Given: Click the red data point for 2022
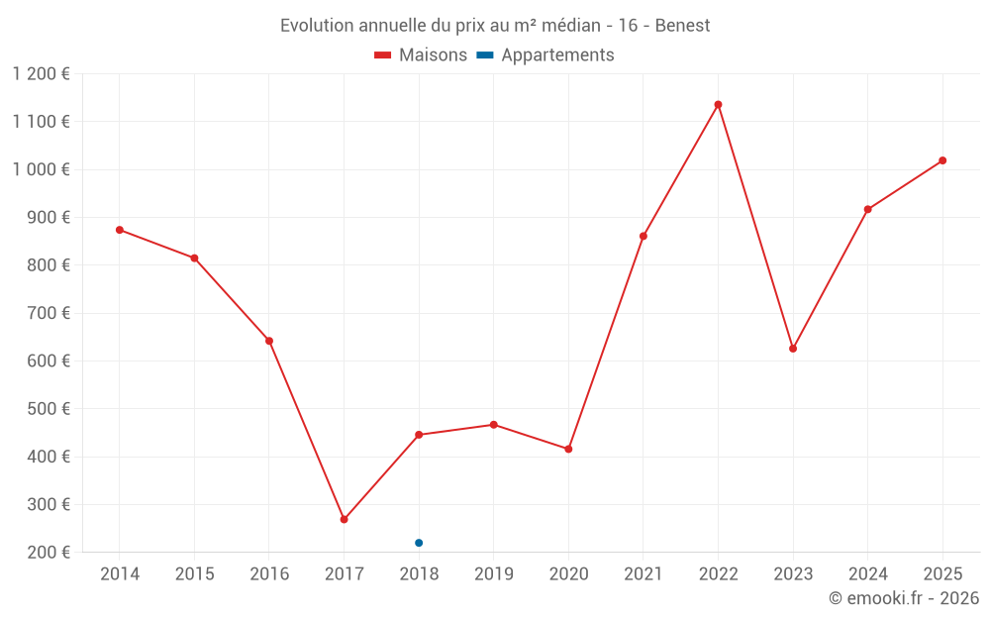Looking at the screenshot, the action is click(718, 105).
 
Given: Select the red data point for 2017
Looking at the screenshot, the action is click(345, 519).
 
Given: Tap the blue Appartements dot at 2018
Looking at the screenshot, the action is click(419, 543).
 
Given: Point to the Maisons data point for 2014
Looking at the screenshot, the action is click(120, 230).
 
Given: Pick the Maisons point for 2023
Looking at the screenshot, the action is click(793, 349).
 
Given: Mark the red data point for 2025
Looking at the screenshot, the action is click(942, 160).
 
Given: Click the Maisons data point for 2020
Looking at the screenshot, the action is click(568, 449).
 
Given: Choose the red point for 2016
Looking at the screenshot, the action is click(269, 341).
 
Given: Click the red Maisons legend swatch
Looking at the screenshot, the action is click(382, 55).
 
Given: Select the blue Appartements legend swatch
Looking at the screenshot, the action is click(485, 55).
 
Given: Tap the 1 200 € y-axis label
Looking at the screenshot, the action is click(41, 74).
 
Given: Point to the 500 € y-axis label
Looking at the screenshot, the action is click(49, 409).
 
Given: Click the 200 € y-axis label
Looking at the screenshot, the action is click(49, 552).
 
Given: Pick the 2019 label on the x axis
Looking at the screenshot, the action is click(494, 573).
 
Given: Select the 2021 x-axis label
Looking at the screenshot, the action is click(643, 573).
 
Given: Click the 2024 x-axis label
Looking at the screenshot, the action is click(867, 573).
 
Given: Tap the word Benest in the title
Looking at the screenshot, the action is click(682, 26).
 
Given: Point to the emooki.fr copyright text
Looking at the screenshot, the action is click(904, 597).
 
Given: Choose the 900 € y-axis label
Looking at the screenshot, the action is click(49, 217).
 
